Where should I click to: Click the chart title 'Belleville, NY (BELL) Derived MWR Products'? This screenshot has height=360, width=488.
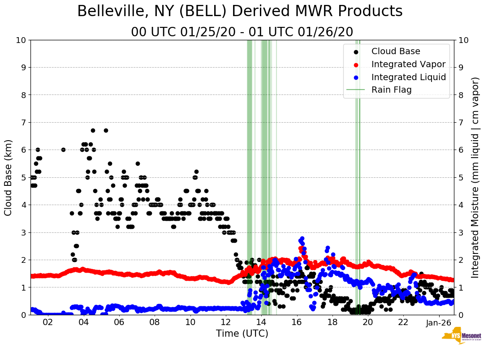click(x=240, y=11)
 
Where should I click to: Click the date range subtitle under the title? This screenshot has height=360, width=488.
click(x=242, y=32)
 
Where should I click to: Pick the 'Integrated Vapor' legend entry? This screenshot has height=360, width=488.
click(x=408, y=64)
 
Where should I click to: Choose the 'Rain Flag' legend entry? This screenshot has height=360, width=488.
click(x=391, y=90)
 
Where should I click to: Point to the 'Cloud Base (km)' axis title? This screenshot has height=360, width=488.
click(x=9, y=177)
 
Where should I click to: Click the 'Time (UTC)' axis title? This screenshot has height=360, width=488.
click(x=242, y=334)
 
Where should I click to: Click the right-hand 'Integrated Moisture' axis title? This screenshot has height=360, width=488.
click(x=475, y=177)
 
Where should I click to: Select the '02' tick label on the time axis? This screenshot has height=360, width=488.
click(x=48, y=322)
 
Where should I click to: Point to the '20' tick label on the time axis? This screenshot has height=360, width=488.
click(x=367, y=322)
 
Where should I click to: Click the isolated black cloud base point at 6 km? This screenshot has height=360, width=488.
click(x=63, y=150)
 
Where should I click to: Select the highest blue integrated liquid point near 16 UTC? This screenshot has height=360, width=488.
click(x=302, y=239)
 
